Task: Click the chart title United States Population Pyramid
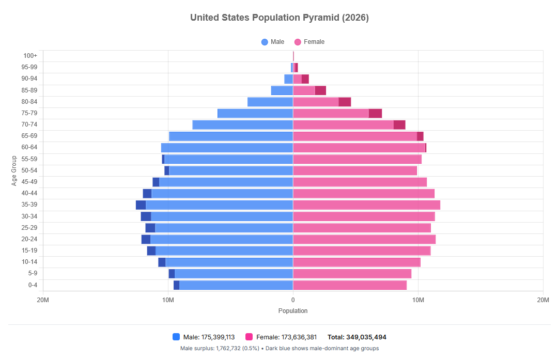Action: click(280, 18)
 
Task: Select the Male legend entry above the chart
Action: click(273, 42)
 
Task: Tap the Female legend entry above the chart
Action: click(309, 42)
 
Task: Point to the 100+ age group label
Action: click(30, 55)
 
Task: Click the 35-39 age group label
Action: click(29, 205)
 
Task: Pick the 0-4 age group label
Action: click(33, 285)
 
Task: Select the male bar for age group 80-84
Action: click(270, 102)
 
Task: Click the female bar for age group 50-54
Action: click(355, 171)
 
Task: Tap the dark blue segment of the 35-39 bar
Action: click(141, 205)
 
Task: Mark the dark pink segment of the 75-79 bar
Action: click(375, 114)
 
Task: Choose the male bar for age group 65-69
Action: click(231, 136)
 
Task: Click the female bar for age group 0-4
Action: click(350, 285)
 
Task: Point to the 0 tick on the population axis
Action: click(293, 300)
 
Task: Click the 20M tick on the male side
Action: click(43, 300)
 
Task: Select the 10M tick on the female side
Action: click(418, 300)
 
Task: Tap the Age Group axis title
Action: click(14, 171)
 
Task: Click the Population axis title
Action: click(293, 310)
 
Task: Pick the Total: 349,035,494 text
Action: click(357, 337)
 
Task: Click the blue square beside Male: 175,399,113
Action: click(176, 337)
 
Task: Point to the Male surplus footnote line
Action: click(280, 348)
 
